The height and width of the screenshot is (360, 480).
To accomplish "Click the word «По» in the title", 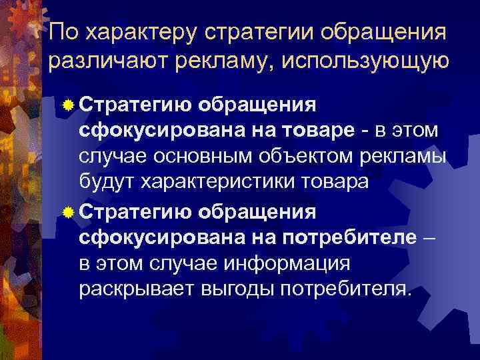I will click(x=63, y=31).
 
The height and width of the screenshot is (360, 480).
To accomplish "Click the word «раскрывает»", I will click(x=129, y=290).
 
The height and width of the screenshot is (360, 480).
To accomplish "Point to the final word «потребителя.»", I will click(x=347, y=290).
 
